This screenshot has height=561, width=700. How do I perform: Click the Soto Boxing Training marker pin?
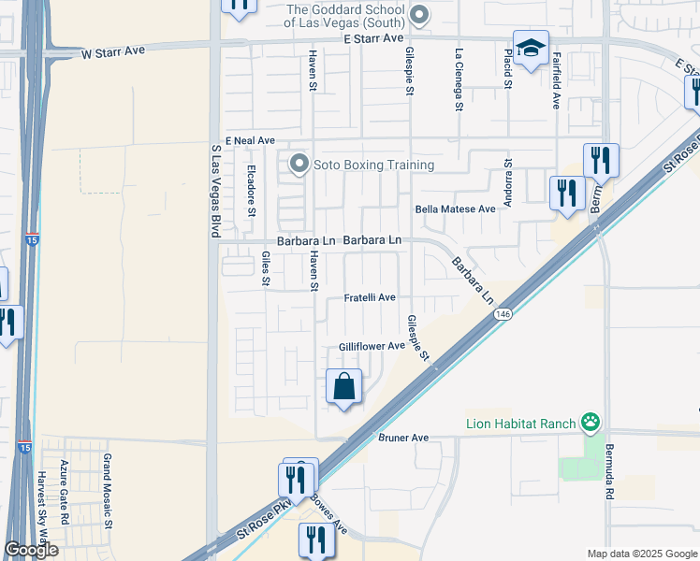point(299,165)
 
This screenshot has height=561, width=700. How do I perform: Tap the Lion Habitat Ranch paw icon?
point(590,424)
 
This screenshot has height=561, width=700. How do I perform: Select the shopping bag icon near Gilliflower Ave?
point(344,385)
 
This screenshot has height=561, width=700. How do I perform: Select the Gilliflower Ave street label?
point(372,346)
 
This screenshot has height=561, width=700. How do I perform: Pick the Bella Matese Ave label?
point(455,209)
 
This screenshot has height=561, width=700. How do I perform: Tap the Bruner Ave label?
point(403,437)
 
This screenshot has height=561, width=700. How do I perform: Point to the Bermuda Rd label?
point(609,472)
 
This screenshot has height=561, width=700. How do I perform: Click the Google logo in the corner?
point(31,550)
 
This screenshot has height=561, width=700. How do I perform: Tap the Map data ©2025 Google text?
point(641,554)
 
